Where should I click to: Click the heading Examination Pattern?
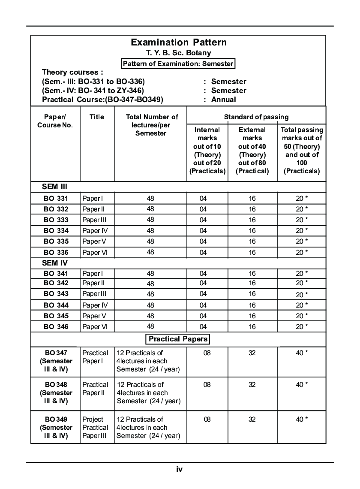(179, 42)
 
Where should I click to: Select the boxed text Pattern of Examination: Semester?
(178, 64)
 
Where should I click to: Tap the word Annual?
(223, 100)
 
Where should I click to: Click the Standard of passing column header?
(256, 117)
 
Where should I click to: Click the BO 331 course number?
(56, 199)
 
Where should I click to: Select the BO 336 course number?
(56, 252)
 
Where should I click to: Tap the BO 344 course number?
(56, 305)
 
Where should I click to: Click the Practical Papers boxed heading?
(178, 339)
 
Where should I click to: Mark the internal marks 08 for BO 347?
(207, 353)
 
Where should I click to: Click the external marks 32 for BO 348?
(252, 385)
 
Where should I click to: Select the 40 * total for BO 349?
(302, 419)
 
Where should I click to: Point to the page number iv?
(180, 469)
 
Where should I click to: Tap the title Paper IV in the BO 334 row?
(95, 231)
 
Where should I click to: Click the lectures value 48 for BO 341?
(150, 273)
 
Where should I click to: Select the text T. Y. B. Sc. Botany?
(179, 53)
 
